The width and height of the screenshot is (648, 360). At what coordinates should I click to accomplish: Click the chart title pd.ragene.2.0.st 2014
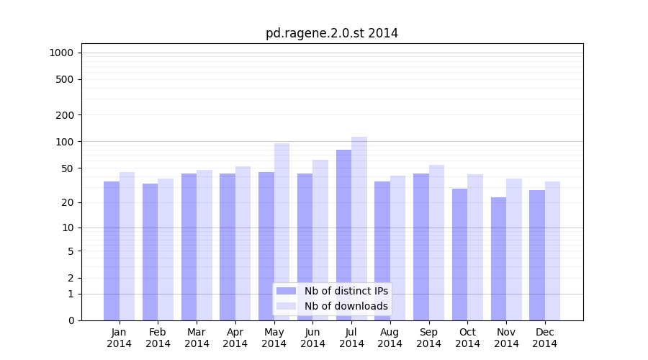[x=331, y=33]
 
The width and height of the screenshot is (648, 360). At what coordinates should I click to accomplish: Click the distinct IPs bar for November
[x=498, y=258]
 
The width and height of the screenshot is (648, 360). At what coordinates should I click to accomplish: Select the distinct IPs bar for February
[x=150, y=252]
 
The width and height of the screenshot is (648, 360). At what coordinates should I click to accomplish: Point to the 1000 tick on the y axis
[x=61, y=53]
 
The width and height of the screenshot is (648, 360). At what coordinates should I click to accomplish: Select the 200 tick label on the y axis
[x=65, y=115]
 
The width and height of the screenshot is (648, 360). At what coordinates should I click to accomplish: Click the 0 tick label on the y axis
[x=71, y=320]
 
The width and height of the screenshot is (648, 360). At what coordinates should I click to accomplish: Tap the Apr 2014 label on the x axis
[x=235, y=338]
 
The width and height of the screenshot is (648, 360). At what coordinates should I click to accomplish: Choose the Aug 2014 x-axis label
[x=390, y=338]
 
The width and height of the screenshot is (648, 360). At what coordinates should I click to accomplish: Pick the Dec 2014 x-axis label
[x=544, y=338]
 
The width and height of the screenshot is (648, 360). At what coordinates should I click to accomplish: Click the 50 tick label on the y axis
[x=68, y=168]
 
